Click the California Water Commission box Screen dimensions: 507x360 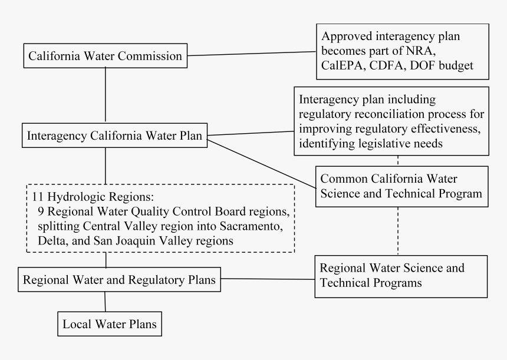coord(106,55)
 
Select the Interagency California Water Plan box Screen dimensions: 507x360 coord(114,136)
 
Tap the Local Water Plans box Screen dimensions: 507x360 coord(110,324)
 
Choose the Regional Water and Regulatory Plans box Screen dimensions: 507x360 coord(119,279)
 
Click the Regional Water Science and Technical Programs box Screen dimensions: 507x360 coord(401,276)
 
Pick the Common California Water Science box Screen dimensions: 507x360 coord(402,186)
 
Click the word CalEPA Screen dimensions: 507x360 coord(343,65)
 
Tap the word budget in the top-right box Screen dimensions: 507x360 coord(456,65)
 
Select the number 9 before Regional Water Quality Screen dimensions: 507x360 coord(41,212)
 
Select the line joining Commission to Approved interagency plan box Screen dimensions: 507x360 coord(252,54)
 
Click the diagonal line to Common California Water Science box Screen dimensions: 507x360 coord(261,164)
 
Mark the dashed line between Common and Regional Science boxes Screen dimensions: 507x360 coord(398,231)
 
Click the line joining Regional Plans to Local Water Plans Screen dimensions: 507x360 coord(105,302)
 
